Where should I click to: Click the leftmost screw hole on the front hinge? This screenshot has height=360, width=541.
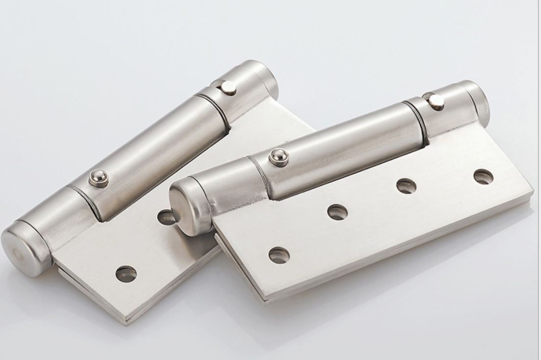pyautogui.click(x=279, y=255)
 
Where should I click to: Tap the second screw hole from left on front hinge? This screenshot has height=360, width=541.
pyautogui.click(x=337, y=212)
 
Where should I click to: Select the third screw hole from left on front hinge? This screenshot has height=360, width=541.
pyautogui.click(x=406, y=186)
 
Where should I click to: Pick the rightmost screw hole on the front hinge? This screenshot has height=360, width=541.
pyautogui.click(x=483, y=177)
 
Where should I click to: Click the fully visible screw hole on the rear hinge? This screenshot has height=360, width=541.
pyautogui.click(x=126, y=274)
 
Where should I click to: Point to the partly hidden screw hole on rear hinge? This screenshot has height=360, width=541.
pyautogui.click(x=166, y=218)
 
